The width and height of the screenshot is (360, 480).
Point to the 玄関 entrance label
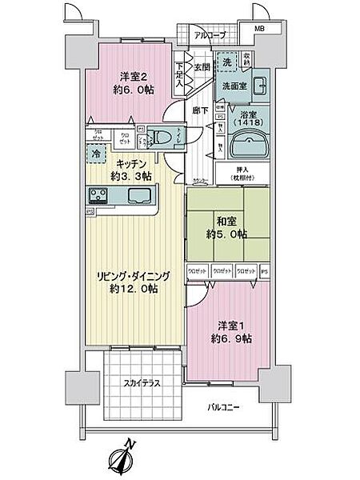coord(202,67)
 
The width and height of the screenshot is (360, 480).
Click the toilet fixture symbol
coord(159,137)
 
